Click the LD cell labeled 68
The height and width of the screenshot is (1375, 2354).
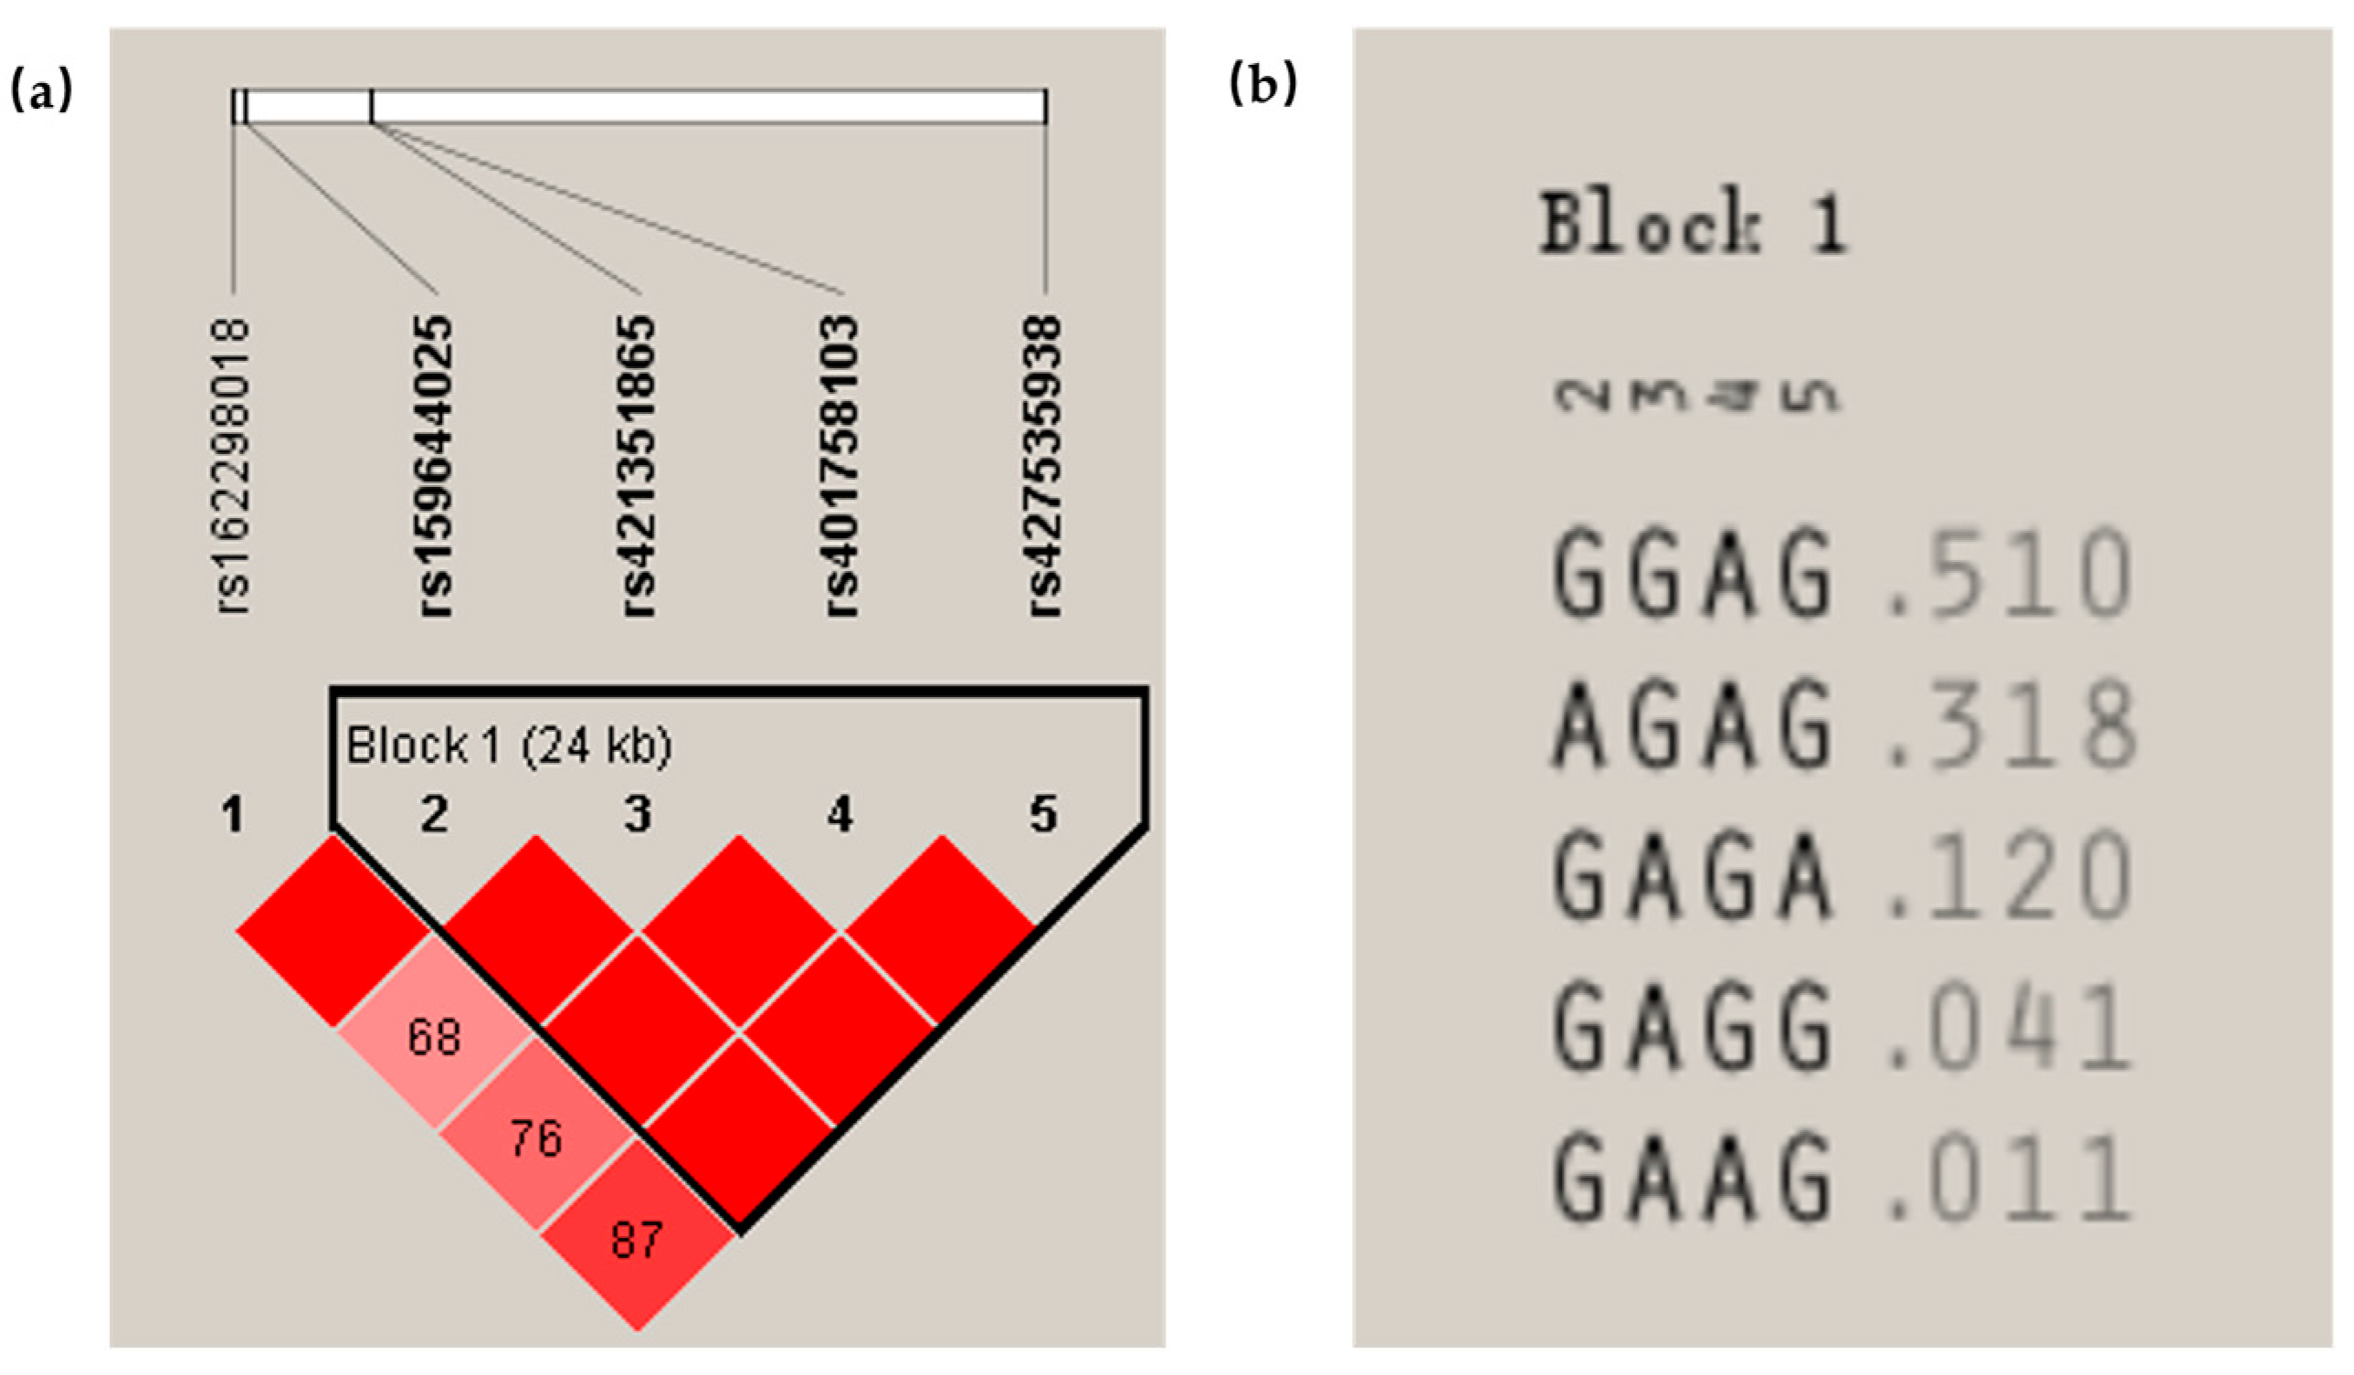[435, 1037]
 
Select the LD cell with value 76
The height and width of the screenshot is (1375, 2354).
[536, 1138]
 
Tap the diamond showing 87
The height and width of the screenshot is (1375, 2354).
[637, 1240]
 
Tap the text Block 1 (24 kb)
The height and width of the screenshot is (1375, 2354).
[509, 746]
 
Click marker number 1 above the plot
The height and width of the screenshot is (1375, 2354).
[233, 816]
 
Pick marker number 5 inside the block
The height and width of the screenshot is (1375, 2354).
[1043, 815]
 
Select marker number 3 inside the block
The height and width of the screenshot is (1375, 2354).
[638, 815]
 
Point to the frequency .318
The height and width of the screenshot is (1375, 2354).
[2009, 725]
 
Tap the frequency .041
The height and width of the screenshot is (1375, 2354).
[2009, 1029]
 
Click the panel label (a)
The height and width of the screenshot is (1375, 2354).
[40, 91]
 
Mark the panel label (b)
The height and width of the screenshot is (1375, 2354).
[1264, 85]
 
